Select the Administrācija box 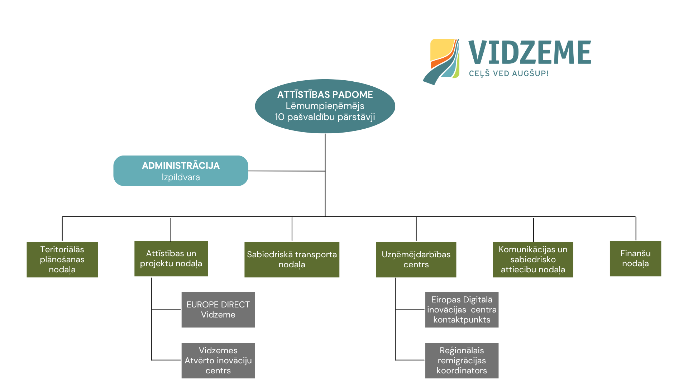tap(181, 171)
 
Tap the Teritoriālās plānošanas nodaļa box tap(62, 259)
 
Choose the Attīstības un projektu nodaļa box tap(171, 258)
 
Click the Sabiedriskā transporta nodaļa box tap(292, 259)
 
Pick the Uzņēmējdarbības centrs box tap(416, 259)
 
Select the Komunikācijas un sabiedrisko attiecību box tap(533, 259)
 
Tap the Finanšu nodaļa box tap(635, 258)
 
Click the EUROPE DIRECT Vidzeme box tap(218, 310)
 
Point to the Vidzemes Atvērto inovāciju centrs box tap(218, 360)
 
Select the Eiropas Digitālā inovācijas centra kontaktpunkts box tap(462, 310)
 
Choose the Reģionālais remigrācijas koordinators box tap(462, 360)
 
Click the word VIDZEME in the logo tap(529, 52)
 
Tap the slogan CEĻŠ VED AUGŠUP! tap(508, 73)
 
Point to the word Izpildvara tap(181, 177)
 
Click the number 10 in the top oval tap(279, 117)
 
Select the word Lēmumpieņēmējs tap(325, 106)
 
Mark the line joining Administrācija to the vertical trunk tap(287, 171)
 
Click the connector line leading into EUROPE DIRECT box tap(166, 310)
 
